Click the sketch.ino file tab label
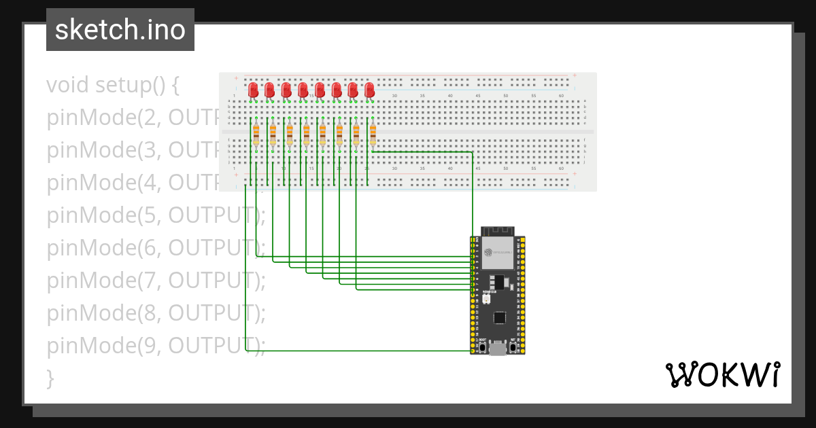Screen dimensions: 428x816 click(x=120, y=30)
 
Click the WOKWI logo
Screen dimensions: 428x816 click(x=722, y=374)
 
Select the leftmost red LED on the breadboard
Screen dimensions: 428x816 click(x=253, y=90)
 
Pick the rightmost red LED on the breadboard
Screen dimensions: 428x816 click(x=370, y=90)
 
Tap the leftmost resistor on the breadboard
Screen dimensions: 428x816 click(x=256, y=135)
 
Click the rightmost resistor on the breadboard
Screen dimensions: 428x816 click(x=373, y=135)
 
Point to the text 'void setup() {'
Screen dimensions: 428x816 click(x=113, y=86)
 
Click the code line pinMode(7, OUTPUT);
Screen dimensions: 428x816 click(x=156, y=281)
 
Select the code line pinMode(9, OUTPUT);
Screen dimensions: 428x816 click(x=156, y=346)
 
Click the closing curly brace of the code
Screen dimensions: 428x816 click(x=50, y=378)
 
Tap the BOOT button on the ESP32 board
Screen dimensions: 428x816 click(x=482, y=348)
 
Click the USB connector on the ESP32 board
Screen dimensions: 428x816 click(x=498, y=349)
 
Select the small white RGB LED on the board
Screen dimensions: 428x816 click(x=486, y=299)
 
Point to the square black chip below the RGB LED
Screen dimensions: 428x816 click(x=500, y=317)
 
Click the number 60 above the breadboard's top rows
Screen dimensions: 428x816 click(x=561, y=96)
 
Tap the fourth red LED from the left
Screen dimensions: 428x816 click(x=303, y=90)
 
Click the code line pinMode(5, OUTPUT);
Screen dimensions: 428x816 click(x=156, y=215)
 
